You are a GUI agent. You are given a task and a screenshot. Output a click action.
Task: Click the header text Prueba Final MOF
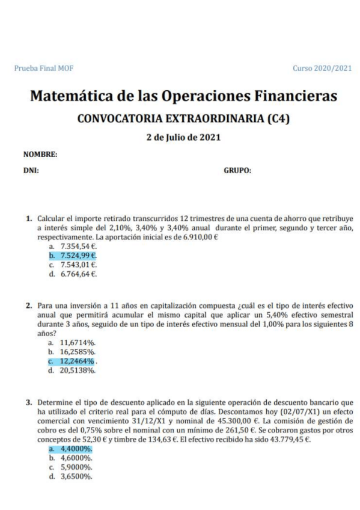[40, 69]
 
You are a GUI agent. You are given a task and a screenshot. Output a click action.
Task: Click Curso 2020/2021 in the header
[322, 69]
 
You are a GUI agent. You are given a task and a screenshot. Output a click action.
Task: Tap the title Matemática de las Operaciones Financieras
[183, 96]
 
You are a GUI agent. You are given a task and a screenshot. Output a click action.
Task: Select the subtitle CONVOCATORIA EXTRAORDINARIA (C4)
[183, 118]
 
